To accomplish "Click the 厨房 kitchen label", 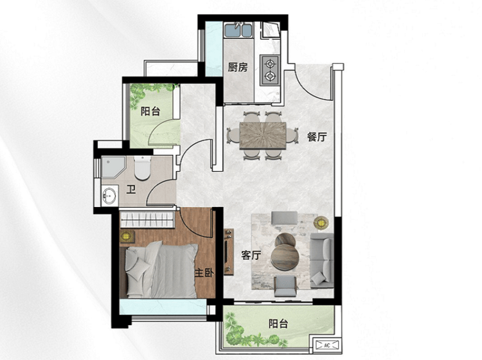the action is point(238,67).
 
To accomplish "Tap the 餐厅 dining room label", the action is point(317,137).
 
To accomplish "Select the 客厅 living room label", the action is point(251,255).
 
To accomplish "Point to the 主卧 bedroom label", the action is point(204,273).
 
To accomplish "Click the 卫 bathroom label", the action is point(131,190).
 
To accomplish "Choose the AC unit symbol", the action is point(326,345).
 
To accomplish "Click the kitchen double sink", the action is point(238,30).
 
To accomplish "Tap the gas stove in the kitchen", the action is point(270,70).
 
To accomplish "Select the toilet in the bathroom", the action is point(143,168).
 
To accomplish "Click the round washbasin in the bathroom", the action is point(109,195).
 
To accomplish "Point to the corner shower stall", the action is point(113,167).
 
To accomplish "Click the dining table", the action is point(263,136).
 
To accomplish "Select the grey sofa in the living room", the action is point(322,260).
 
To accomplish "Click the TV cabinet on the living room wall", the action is point(229,252).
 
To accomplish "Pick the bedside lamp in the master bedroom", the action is point(126,236).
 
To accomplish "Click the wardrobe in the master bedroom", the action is point(147,219).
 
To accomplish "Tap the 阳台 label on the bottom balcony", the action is point(278,323).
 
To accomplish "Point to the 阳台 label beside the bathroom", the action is point(150,111).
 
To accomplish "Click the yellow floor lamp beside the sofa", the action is point(321,222).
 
